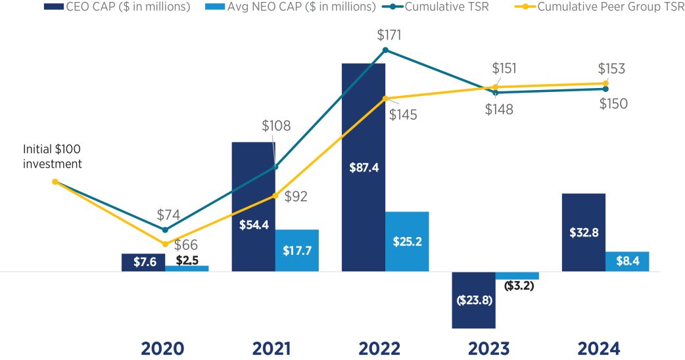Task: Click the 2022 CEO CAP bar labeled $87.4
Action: click(x=363, y=168)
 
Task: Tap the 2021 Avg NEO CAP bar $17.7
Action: click(x=296, y=250)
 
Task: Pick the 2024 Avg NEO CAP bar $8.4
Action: click(x=626, y=261)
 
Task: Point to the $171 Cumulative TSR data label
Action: click(x=389, y=35)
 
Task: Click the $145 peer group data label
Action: click(x=402, y=114)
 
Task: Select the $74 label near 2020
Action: click(x=170, y=215)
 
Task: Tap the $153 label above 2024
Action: click(x=611, y=68)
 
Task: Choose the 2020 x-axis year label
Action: click(x=163, y=348)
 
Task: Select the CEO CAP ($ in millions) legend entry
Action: click(x=121, y=7)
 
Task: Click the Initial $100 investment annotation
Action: click(x=53, y=156)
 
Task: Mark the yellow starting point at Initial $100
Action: click(x=55, y=182)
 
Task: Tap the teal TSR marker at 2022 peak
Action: click(x=385, y=49)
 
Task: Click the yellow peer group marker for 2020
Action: click(x=165, y=244)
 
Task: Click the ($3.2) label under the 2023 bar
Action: click(x=519, y=286)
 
